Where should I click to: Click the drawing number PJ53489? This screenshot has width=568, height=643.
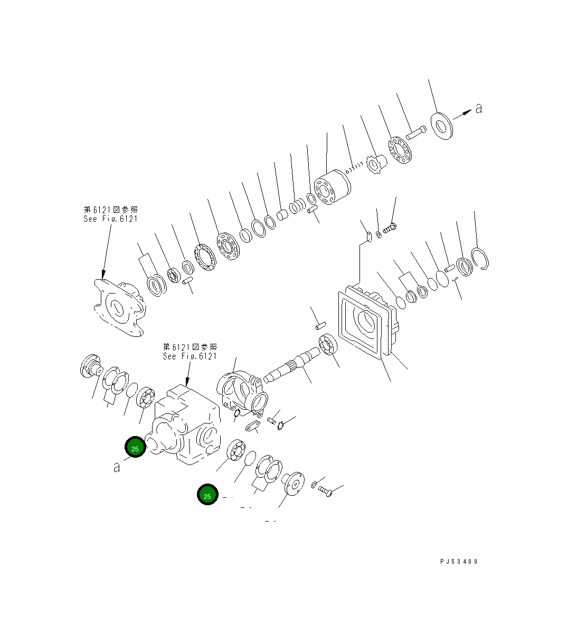click(458, 562)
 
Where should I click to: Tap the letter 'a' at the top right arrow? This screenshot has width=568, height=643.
click(478, 109)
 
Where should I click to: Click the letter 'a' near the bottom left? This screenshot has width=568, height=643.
click(117, 467)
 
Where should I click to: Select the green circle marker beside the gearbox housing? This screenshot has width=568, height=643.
click(135, 448)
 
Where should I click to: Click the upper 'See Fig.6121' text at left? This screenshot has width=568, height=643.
click(110, 219)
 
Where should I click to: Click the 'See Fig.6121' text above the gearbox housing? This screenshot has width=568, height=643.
click(190, 356)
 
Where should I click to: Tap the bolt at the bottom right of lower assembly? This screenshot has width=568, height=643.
click(325, 492)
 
